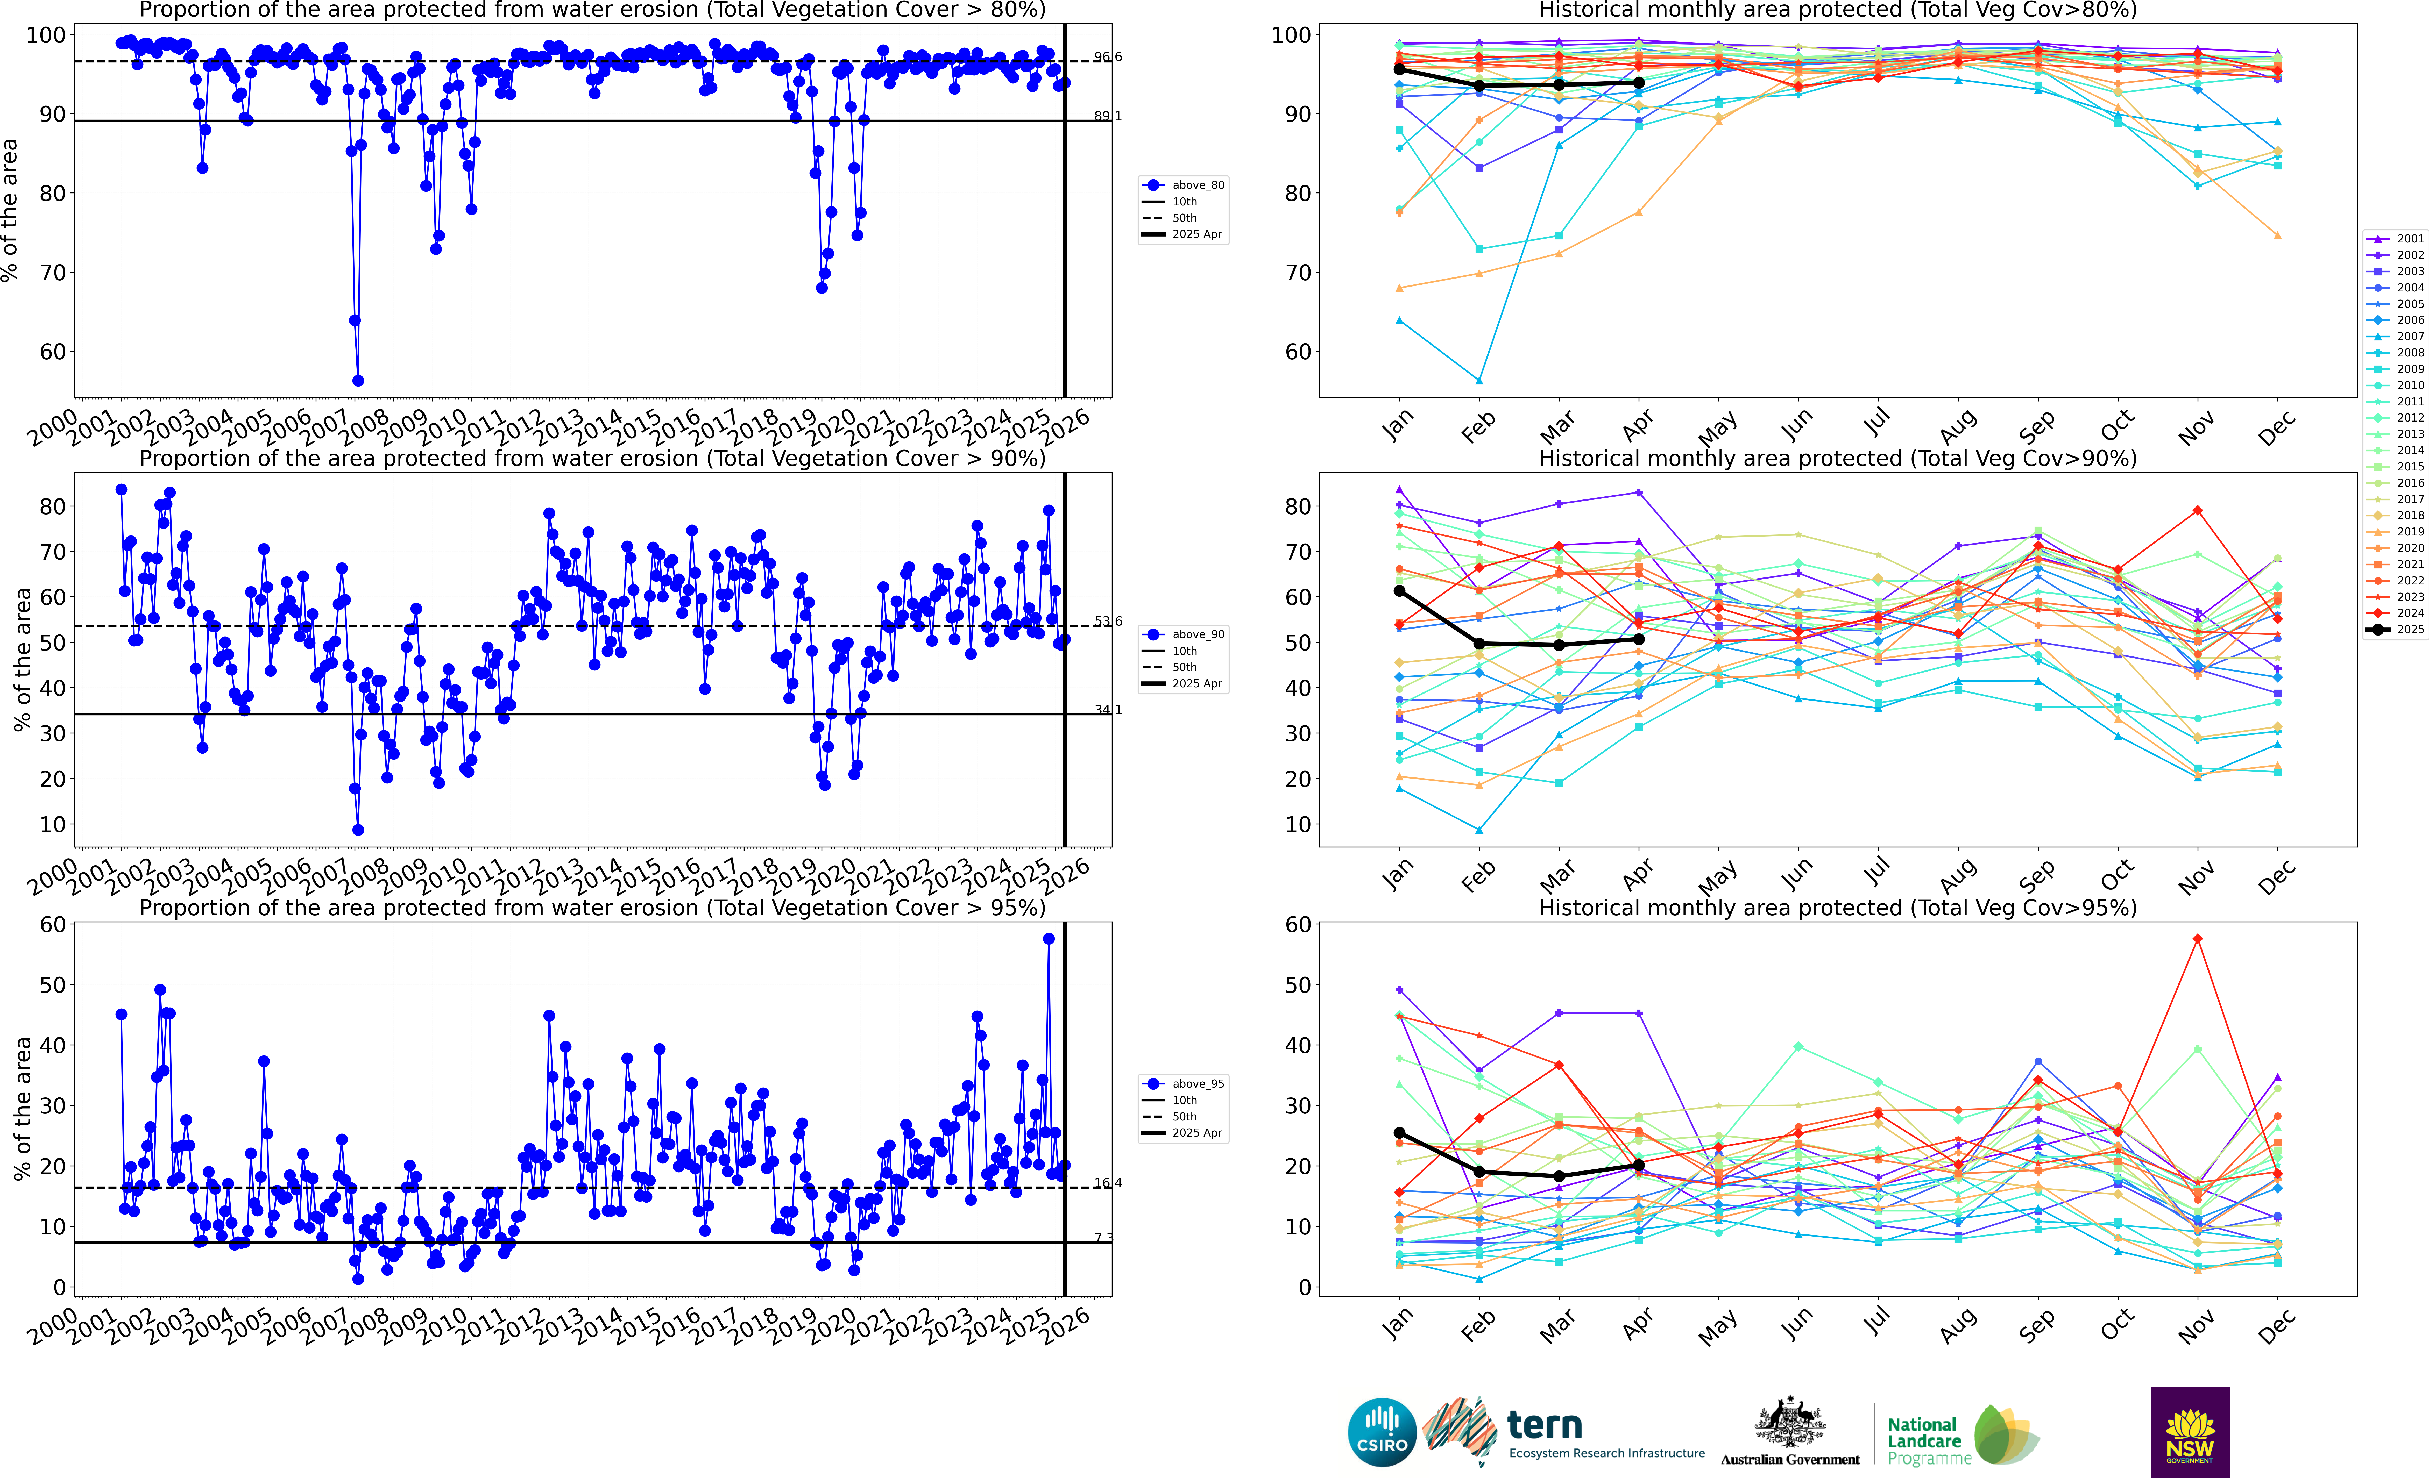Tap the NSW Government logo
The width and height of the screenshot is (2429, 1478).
[2190, 1432]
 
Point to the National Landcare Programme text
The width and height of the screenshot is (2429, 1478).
[1927, 1440]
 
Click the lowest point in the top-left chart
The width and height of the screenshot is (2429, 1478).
[358, 380]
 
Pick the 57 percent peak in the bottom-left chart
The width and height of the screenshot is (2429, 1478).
[1049, 939]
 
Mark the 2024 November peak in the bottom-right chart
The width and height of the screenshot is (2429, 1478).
[2197, 939]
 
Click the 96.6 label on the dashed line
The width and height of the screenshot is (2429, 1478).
[1107, 57]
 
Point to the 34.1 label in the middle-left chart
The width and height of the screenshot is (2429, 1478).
[1107, 709]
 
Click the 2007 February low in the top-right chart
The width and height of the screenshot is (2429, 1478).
[1479, 380]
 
